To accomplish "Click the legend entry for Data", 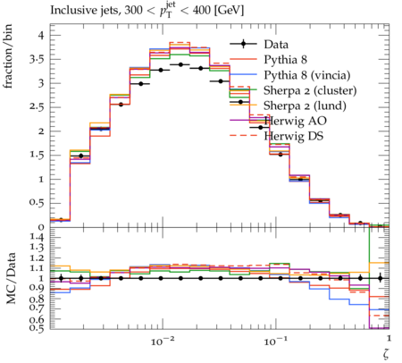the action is point(276,45).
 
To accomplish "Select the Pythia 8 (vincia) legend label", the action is point(306,75).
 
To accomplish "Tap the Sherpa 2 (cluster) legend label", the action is point(310,90).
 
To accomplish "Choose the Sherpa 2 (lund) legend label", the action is point(305,106).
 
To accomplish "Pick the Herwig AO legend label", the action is point(295,121).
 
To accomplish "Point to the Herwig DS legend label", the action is point(294,136).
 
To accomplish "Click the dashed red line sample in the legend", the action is point(243,136).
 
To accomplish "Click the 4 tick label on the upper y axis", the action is point(40,36).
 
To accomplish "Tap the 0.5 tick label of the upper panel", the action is point(37,203).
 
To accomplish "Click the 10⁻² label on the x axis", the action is point(163,341).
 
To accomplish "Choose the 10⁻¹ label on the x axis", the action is point(276,341).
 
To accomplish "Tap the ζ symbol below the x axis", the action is point(386,354).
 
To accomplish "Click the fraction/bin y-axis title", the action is point(8,56).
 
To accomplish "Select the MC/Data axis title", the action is point(11,278).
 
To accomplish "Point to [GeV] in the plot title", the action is point(229,11).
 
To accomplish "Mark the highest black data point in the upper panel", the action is point(180,64).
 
